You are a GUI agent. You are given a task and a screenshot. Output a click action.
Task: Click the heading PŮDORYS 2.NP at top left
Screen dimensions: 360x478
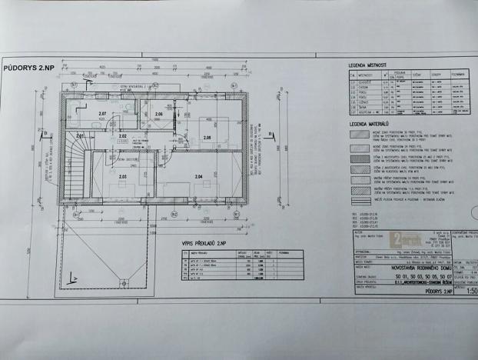(29, 68)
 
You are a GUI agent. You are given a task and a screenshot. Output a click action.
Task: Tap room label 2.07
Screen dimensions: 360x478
(102, 115)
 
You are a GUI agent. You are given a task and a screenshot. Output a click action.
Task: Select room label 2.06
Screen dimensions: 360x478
(158, 115)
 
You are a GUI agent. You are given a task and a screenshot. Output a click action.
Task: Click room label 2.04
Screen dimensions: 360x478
(198, 177)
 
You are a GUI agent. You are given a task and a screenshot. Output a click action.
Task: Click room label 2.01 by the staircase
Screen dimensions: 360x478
(81, 135)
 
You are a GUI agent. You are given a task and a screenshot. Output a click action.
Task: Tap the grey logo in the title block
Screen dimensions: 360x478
(407, 237)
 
